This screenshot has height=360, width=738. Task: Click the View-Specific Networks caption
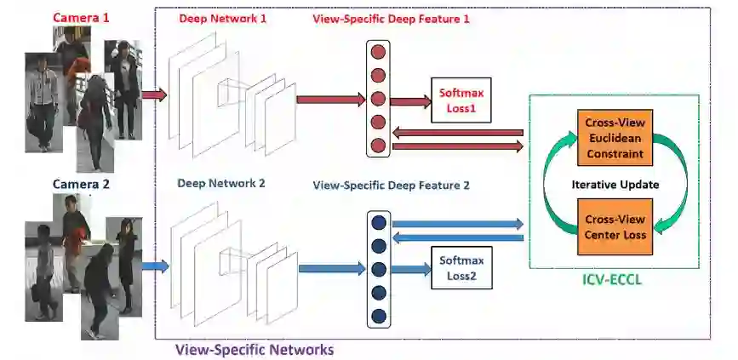point(254,349)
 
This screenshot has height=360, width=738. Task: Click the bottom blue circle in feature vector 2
point(379,317)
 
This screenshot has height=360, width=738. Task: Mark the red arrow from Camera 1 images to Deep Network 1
point(154,95)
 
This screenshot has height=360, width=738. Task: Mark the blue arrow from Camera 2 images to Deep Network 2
point(154,266)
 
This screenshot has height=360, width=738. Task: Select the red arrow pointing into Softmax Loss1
point(411,101)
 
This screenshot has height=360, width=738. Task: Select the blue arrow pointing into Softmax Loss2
point(411,269)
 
